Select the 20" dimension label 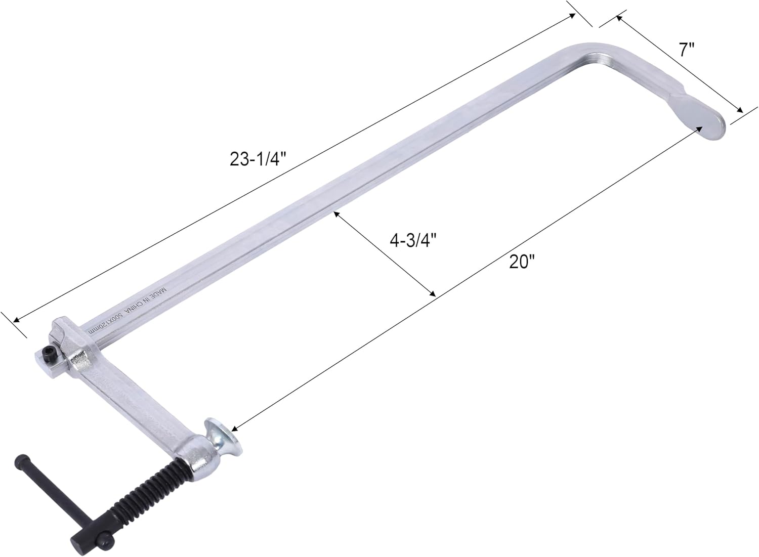point(522,262)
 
